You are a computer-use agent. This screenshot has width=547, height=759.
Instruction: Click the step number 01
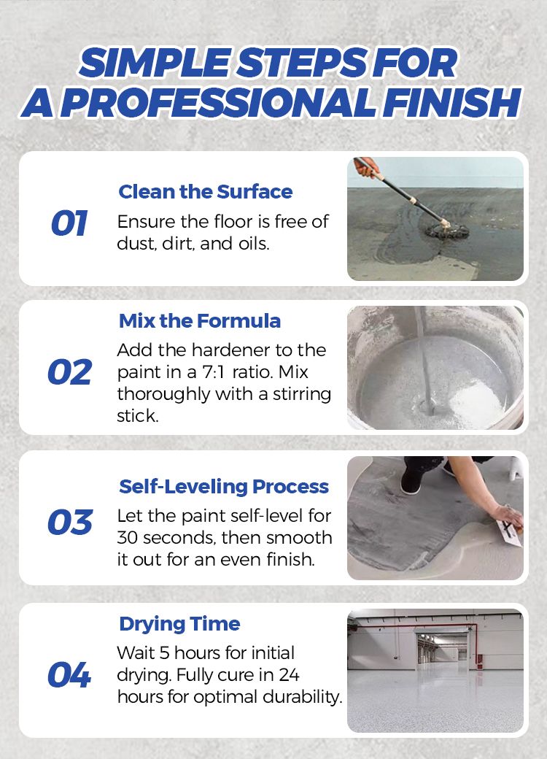[69, 223]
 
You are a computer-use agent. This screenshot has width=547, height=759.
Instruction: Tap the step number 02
[69, 372]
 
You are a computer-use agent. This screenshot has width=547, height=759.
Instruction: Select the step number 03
[70, 522]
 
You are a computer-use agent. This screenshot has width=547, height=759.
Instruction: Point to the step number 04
[69, 675]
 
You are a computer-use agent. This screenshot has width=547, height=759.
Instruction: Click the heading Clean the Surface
[206, 192]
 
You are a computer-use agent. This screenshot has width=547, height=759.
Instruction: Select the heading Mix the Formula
[200, 321]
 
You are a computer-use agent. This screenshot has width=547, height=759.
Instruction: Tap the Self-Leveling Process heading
[224, 487]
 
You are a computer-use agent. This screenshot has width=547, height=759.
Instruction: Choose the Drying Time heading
[179, 624]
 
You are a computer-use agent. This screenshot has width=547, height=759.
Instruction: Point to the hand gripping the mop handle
[366, 166]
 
